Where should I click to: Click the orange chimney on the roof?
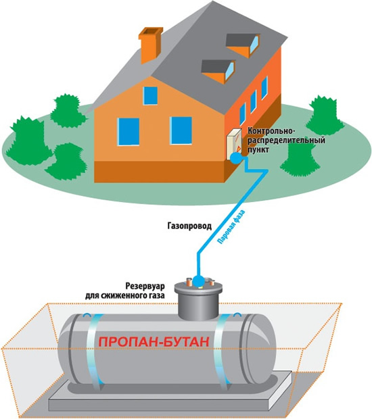150,45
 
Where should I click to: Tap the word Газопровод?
189,226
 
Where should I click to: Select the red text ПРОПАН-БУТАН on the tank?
154,342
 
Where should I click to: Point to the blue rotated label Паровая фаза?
231,227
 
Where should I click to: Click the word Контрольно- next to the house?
271,131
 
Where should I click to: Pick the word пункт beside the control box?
258,149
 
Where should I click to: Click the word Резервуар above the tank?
145,286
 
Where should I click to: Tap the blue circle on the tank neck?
198,281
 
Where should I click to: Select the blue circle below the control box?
236,158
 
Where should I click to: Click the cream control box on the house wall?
234,144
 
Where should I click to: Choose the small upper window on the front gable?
151,96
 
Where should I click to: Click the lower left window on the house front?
129,132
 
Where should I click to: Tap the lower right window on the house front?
181,130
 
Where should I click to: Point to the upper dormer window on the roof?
243,45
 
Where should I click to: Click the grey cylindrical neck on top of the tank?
198,301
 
